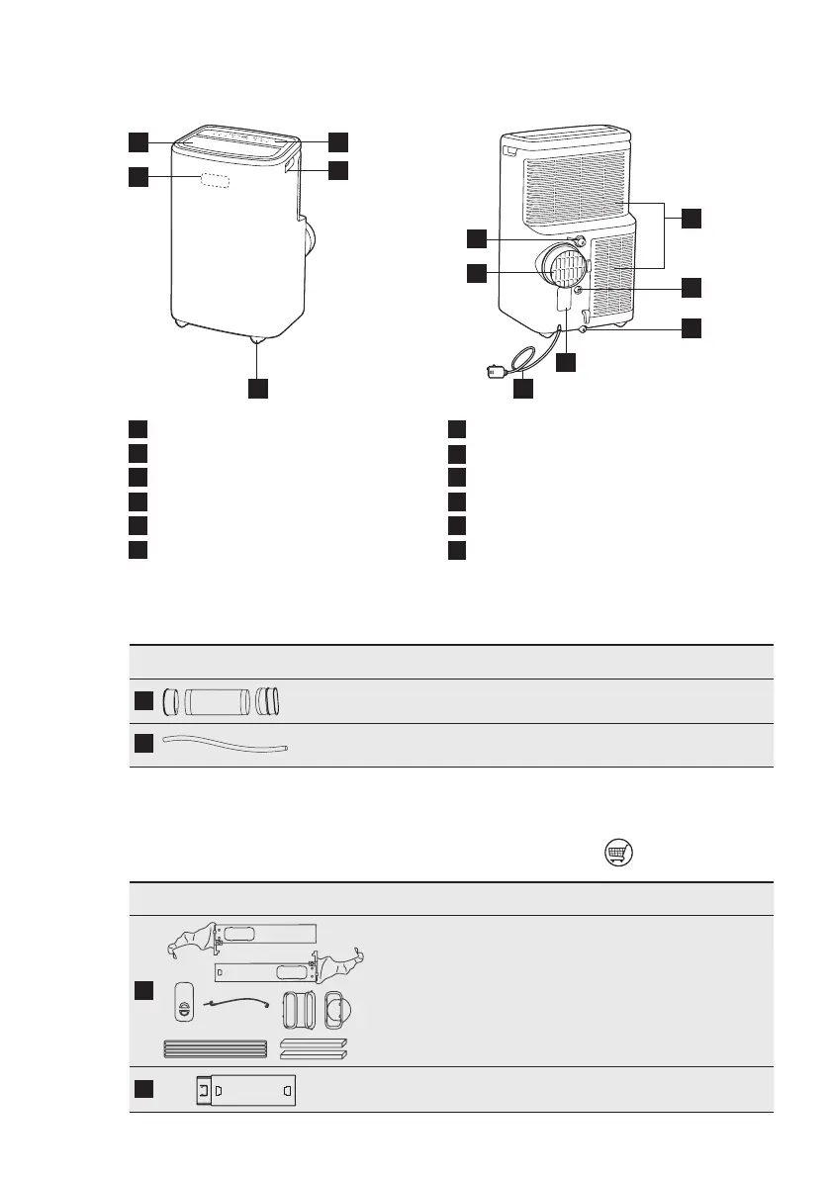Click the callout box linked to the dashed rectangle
coord(139,178)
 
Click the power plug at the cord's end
coord(495,372)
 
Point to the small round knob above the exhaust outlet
coord(580,239)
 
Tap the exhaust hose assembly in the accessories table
coord(226,701)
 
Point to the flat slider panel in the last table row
coord(246,1090)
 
